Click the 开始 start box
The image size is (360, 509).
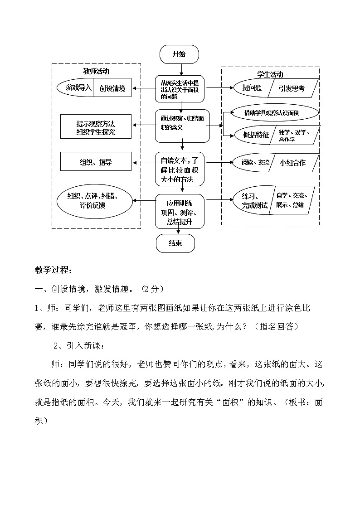coord(179,54)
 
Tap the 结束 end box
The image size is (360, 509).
coord(175,243)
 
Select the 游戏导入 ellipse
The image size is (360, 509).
coord(76,88)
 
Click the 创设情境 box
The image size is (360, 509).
coord(112,88)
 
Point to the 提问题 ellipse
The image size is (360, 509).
coord(250,88)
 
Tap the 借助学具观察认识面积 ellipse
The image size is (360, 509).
coord(275,113)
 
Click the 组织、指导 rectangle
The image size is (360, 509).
coord(96,162)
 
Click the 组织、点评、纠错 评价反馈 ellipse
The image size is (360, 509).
coord(93,200)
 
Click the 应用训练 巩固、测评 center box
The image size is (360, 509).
coord(180,211)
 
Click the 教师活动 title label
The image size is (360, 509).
coord(96,71)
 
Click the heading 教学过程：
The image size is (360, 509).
coord(54,270)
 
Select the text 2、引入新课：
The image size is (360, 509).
coord(79,346)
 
